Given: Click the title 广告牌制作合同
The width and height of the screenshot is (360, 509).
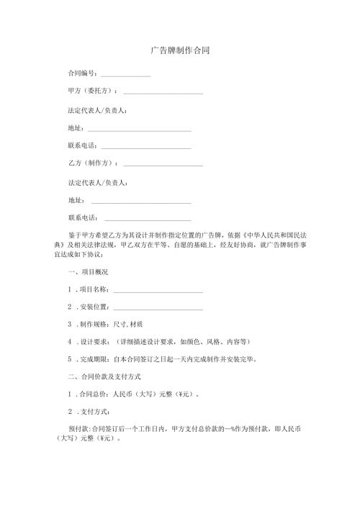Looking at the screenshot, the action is tap(180, 51).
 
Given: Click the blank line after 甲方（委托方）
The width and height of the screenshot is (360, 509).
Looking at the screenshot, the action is tap(163, 94).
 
